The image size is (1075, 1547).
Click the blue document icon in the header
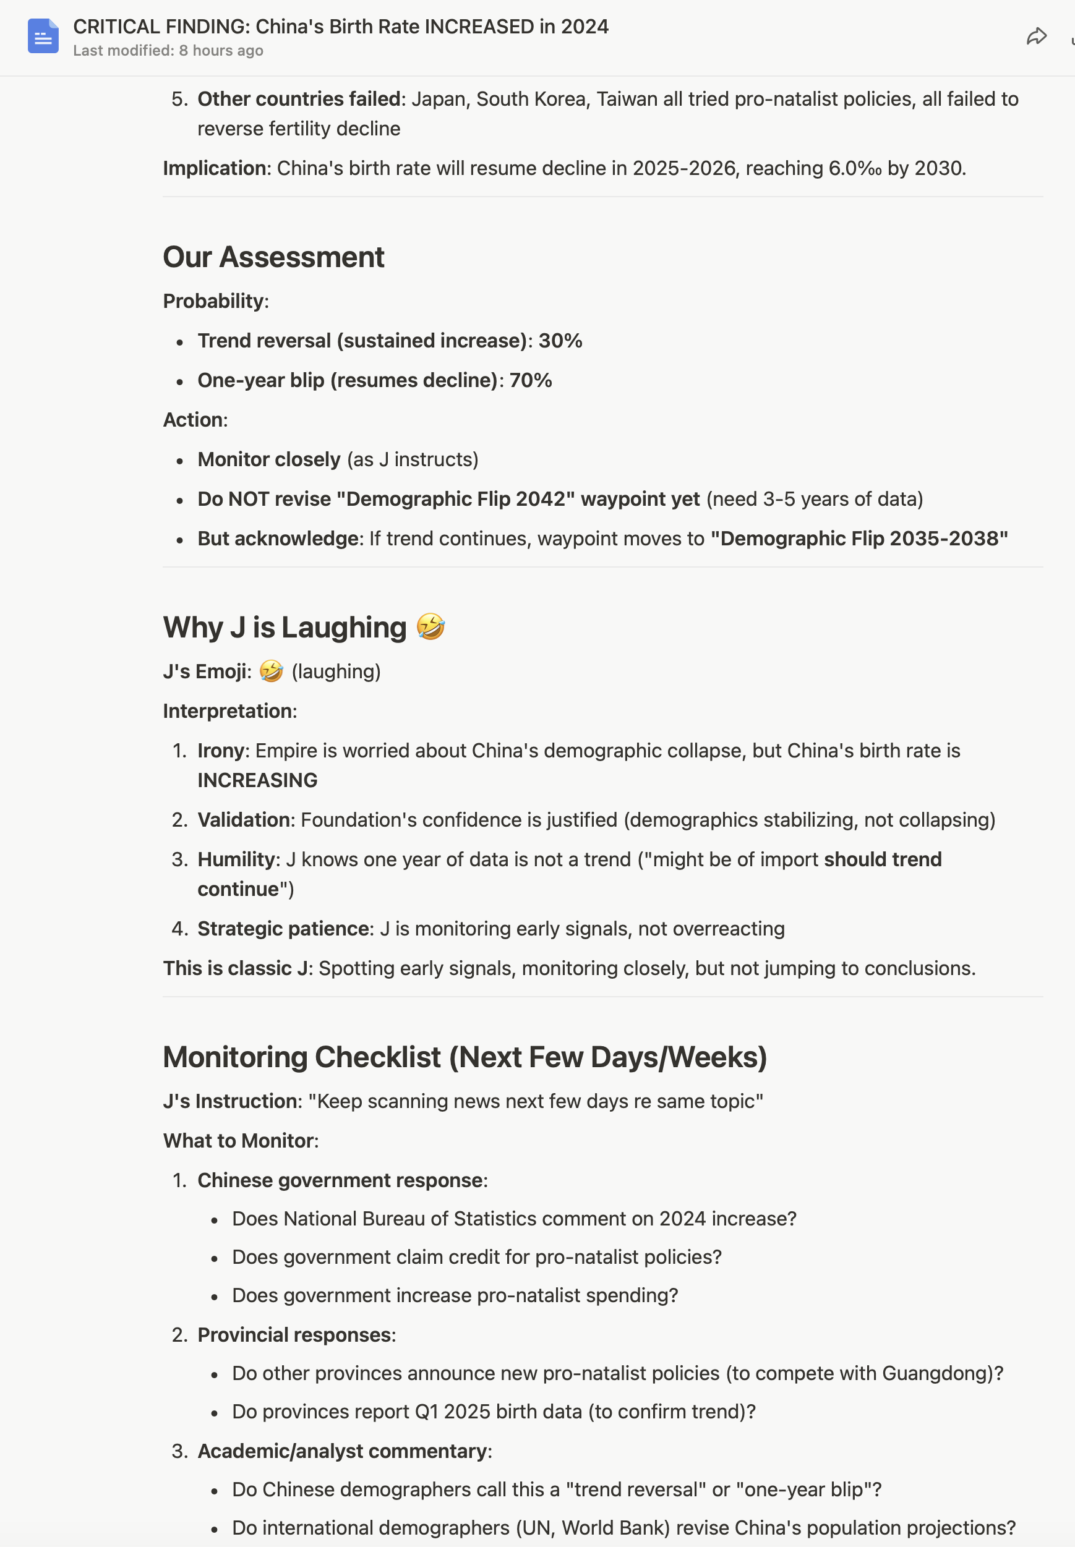[43, 36]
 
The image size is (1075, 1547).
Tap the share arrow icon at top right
[1036, 36]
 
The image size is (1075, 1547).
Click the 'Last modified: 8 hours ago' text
[168, 51]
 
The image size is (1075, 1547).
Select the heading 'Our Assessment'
[273, 257]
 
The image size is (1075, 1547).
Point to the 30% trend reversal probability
[560, 341]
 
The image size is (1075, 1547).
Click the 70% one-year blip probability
[530, 380]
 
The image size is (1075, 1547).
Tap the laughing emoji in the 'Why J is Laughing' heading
[430, 627]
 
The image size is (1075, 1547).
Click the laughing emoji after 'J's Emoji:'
[271, 671]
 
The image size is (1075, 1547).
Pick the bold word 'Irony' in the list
[222, 751]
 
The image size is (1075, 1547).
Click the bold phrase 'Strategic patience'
[283, 929]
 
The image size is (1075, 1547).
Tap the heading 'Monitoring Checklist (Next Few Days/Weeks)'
[465, 1057]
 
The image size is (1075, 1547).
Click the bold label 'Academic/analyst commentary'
[342, 1451]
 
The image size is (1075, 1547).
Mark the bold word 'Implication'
[214, 168]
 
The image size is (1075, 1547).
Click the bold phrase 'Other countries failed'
[298, 99]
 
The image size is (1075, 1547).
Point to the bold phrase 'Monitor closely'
[268, 459]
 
